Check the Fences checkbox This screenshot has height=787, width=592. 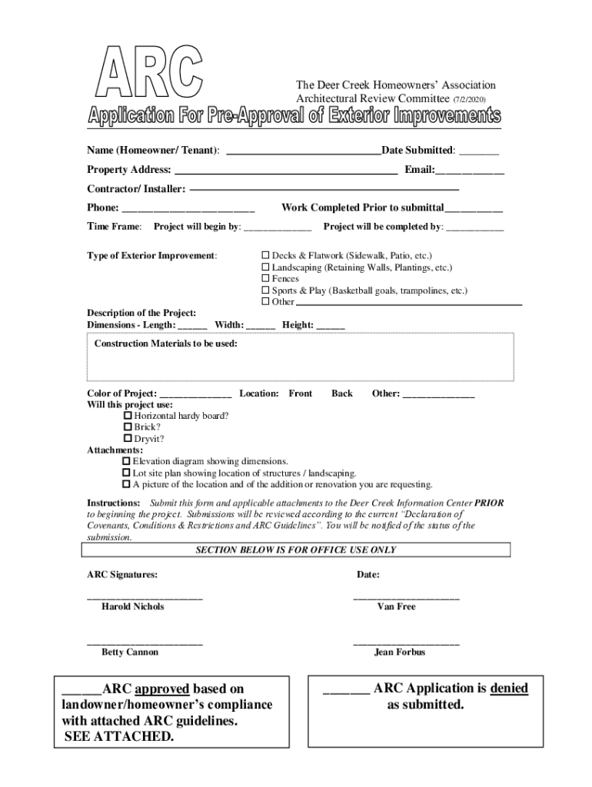[266, 279]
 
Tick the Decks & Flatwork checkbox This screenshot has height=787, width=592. [266, 254]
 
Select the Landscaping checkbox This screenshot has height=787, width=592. [266, 267]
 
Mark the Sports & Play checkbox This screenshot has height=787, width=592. [266, 291]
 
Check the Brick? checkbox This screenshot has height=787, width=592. [128, 427]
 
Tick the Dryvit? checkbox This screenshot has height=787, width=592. [128, 438]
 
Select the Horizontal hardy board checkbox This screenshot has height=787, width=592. [128, 415]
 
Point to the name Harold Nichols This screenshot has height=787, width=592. [133, 607]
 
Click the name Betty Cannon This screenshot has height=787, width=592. [130, 653]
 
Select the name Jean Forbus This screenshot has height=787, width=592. [400, 653]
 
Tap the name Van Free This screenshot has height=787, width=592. [397, 607]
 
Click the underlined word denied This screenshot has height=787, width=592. [509, 689]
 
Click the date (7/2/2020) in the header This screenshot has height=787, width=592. [469, 99]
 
